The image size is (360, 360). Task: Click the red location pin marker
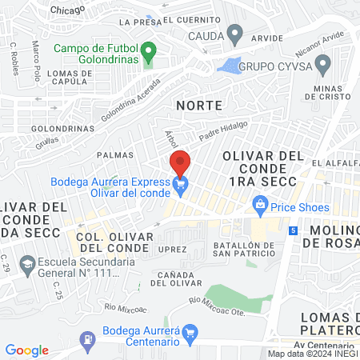[180, 163]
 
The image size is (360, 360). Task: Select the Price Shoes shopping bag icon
[260, 206]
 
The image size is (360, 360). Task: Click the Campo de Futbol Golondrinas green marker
[148, 55]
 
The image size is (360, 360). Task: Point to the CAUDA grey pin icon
[234, 35]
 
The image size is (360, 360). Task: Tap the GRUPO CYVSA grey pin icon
[323, 64]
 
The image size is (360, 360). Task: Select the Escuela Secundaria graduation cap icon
[27, 264]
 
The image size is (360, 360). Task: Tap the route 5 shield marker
[294, 230]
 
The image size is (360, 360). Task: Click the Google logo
[27, 350]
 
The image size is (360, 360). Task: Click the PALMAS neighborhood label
[113, 154]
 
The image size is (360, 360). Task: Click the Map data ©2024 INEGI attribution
[312, 354]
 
